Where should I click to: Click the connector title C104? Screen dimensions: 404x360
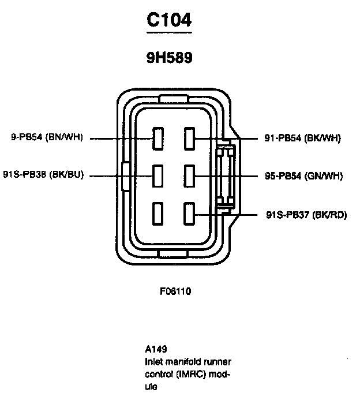tap(168, 20)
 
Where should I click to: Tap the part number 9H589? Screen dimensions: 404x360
tap(168, 58)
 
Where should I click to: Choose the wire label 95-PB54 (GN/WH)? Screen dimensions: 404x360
tap(304, 175)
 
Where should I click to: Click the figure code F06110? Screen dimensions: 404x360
tap(175, 291)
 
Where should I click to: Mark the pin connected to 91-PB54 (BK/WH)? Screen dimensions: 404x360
tap(189, 139)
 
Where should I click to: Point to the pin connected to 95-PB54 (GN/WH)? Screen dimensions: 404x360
tap(189, 175)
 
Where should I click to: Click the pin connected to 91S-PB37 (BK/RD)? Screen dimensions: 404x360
tap(189, 214)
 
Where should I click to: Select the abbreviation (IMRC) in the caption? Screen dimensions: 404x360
tap(192, 373)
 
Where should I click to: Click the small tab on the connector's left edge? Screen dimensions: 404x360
tap(126, 175)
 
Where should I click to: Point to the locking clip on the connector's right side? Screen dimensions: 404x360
tap(224, 175)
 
